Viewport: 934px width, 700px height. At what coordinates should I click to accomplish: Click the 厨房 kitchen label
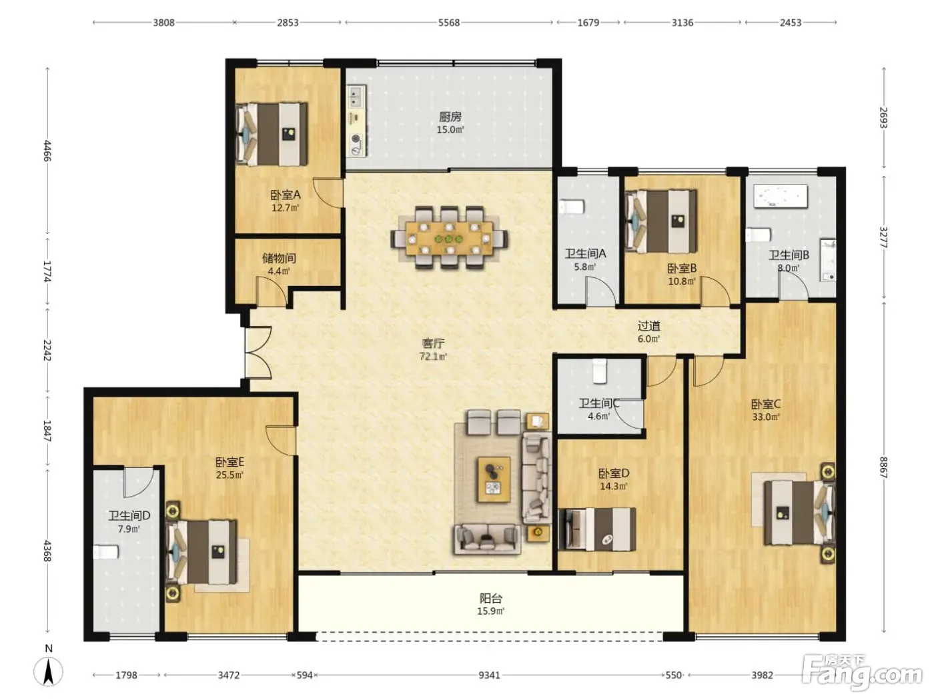point(450,116)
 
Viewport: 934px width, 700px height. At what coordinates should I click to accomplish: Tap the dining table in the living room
point(450,238)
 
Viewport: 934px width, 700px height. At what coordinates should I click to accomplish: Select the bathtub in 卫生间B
point(781,196)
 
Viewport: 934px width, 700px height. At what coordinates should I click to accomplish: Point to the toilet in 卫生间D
point(105,552)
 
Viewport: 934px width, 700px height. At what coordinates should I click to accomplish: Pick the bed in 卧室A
point(272,134)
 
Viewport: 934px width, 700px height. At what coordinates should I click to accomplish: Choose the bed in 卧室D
point(597,529)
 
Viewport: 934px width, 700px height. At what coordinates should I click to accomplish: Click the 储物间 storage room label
point(279,258)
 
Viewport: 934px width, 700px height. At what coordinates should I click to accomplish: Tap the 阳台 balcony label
point(490,599)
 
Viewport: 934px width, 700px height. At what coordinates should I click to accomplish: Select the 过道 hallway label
point(649,326)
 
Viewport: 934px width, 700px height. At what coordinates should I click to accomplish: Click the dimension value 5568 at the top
point(449,23)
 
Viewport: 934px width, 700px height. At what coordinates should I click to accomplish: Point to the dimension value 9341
point(489,675)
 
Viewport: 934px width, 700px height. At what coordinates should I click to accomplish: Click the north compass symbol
point(49,671)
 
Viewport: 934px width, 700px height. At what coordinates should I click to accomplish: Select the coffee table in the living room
point(494,479)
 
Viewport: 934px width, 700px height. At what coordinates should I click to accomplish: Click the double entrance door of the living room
point(258,353)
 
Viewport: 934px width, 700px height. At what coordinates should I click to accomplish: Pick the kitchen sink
point(356,97)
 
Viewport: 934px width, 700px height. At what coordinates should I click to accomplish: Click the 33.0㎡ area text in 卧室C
point(765,417)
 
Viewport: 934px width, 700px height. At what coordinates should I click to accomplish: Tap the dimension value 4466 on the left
point(47,151)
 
